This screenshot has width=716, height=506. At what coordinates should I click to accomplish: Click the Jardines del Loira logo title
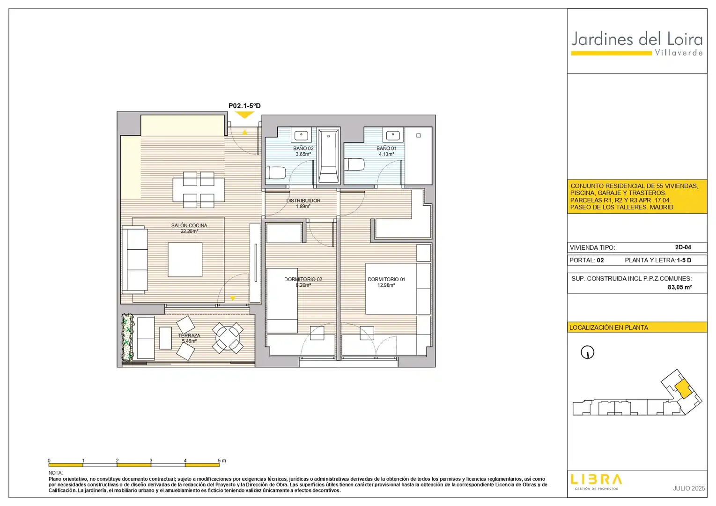pos(637,39)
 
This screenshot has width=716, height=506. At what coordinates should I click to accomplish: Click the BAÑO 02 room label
pos(303,149)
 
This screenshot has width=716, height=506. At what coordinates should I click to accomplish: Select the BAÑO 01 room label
pos(386,149)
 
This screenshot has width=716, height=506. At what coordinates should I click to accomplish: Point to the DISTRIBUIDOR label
pos(303,201)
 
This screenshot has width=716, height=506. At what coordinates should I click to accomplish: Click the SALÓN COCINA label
pos(189,225)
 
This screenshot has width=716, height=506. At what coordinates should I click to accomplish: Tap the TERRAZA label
pos(189,335)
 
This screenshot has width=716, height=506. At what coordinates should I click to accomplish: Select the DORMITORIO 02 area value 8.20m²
pos(303,285)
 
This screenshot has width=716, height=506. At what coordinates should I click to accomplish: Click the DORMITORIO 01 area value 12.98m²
pos(386,285)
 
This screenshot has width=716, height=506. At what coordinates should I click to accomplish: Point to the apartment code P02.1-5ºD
pos(244,105)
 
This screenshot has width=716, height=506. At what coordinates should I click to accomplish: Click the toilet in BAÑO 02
pos(275,173)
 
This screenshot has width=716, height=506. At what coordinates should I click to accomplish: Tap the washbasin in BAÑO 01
pos(393,135)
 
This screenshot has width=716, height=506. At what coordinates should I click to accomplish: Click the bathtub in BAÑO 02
pos(329,156)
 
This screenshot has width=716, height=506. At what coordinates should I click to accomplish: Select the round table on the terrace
pos(227,338)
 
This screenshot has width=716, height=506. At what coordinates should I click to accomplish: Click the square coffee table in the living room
pos(185,260)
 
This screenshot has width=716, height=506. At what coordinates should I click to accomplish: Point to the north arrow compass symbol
pos(587,352)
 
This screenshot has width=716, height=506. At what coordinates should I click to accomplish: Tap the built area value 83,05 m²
pos(679,287)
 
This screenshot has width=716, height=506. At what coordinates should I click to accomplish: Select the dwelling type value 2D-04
pos(683,247)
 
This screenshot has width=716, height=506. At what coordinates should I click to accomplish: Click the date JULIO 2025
pos(688,488)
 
